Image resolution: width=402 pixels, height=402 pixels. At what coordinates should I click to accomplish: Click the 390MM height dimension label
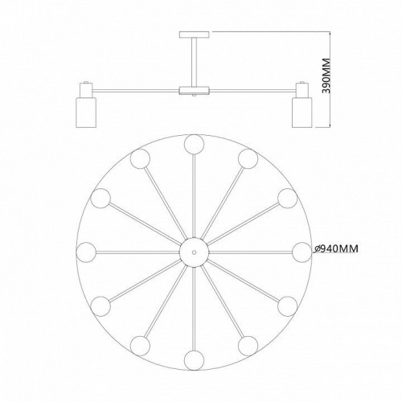pyautogui.click(x=326, y=76)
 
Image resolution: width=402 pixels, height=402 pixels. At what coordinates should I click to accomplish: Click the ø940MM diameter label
pyautogui.click(x=336, y=249)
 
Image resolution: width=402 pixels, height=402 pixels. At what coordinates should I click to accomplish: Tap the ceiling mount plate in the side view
pyautogui.click(x=195, y=35)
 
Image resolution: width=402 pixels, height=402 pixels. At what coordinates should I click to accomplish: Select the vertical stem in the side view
pyautogui.click(x=195, y=62)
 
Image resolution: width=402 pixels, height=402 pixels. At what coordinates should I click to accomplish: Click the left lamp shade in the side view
pyautogui.click(x=86, y=113)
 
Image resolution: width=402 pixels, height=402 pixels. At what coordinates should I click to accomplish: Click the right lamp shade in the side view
pyautogui.click(x=302, y=113)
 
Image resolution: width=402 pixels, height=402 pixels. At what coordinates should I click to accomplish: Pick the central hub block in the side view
pyautogui.click(x=195, y=90)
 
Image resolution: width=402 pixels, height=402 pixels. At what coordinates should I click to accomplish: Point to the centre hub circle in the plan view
pyautogui.click(x=194, y=252)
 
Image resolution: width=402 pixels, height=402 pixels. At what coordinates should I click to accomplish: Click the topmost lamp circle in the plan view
pyautogui.click(x=194, y=145)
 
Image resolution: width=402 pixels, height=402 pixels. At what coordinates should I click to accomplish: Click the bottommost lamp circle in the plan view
pyautogui.click(x=194, y=360)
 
